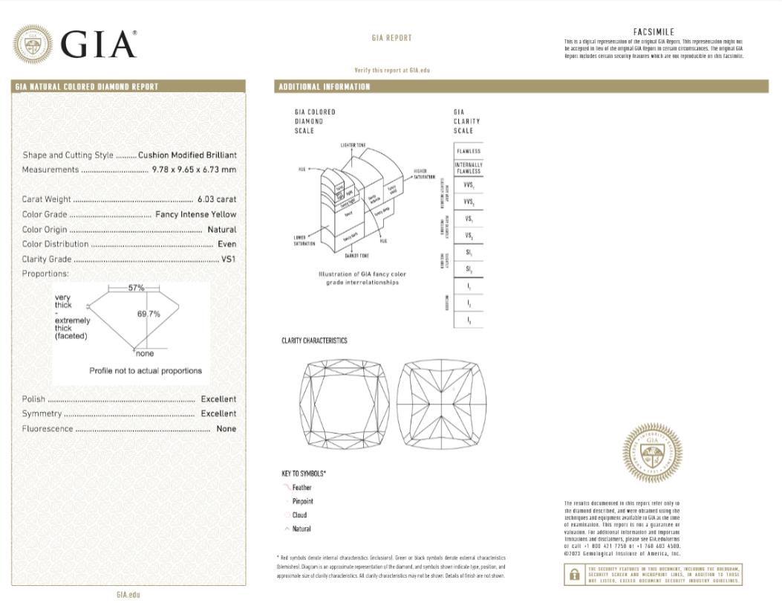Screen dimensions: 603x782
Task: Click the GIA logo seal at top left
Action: [x=33, y=45]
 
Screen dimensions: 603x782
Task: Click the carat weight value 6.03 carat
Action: [x=217, y=199]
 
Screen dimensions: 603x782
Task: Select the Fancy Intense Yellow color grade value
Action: [x=196, y=215]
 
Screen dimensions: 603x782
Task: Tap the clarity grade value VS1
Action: [x=229, y=259]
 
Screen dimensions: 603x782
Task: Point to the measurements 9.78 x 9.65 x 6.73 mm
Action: [x=194, y=170]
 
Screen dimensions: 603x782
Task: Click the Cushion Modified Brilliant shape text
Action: [x=187, y=155]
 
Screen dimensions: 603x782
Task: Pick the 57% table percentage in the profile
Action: [x=136, y=288]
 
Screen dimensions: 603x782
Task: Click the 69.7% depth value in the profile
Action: [x=149, y=314]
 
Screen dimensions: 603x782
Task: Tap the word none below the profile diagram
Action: [x=145, y=353]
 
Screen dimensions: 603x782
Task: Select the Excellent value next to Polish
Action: [x=218, y=399]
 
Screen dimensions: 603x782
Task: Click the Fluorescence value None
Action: [x=226, y=429]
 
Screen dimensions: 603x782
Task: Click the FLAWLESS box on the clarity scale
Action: [x=469, y=151]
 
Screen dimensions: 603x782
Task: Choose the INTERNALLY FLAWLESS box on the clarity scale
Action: [x=469, y=168]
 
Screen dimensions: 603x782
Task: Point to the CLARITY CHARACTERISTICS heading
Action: [x=314, y=341]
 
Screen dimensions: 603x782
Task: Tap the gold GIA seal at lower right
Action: [x=652, y=453]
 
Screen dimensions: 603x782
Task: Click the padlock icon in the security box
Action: [x=574, y=574]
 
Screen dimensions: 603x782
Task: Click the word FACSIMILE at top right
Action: [x=654, y=32]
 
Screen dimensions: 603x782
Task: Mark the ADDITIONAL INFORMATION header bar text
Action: [x=324, y=87]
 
